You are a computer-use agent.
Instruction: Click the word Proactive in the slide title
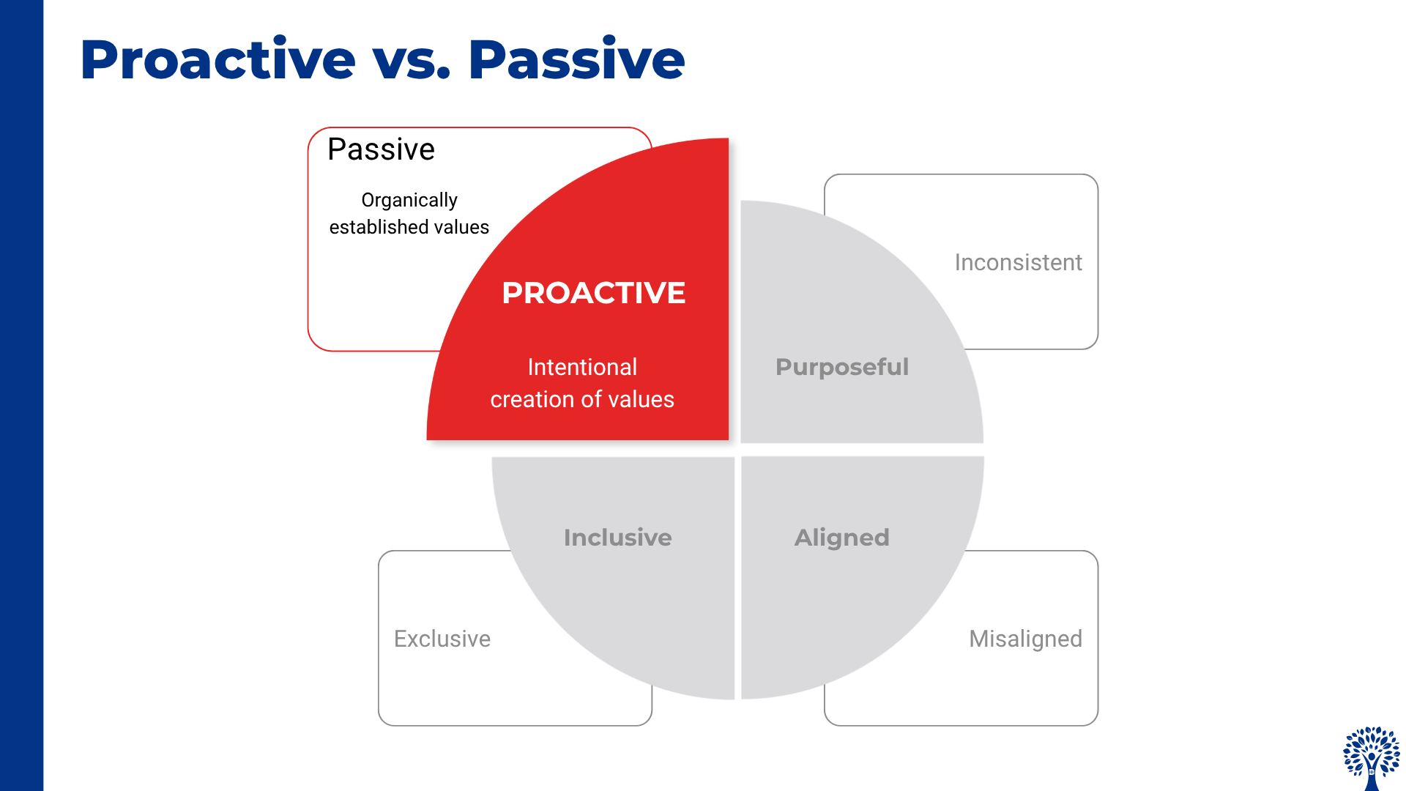coord(217,59)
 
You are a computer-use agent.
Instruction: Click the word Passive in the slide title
coord(576,59)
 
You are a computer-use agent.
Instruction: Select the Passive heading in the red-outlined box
coord(381,149)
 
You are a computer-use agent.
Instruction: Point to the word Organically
coord(409,201)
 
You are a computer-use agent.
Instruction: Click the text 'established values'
coord(409,227)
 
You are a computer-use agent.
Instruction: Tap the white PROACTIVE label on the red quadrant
coord(594,293)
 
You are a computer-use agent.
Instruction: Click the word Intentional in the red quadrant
coord(582,367)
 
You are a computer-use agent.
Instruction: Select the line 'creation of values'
coord(582,399)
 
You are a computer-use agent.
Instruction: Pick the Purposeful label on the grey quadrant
coord(842,367)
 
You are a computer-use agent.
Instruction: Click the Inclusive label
coord(618,538)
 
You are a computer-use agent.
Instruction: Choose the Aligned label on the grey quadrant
coord(842,538)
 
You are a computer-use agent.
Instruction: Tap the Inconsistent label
coord(1019,262)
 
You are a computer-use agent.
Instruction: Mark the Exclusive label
coord(442,639)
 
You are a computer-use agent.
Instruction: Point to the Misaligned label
coord(1026,639)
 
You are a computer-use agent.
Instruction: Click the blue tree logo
coord(1372,759)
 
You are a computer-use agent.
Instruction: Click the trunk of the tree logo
coord(1372,776)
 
